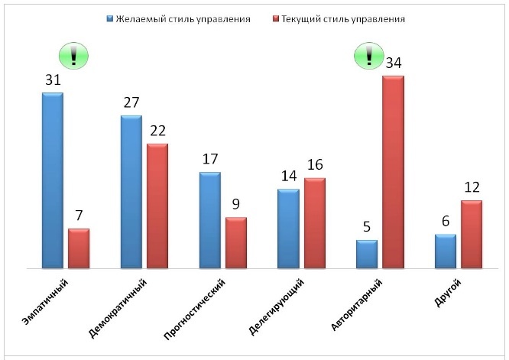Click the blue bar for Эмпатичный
coord(53,180)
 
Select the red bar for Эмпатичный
coord(79,248)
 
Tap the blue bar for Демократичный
coord(131,192)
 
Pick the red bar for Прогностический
coord(236,243)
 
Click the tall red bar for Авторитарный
coord(393,172)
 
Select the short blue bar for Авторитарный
coord(367,255)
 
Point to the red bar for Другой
coord(472,235)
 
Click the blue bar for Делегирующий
coord(288,229)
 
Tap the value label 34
coord(394,63)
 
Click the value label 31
coord(53,79)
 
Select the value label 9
coord(236,204)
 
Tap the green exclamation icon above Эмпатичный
coord(74,54)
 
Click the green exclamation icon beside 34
coord(368,54)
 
